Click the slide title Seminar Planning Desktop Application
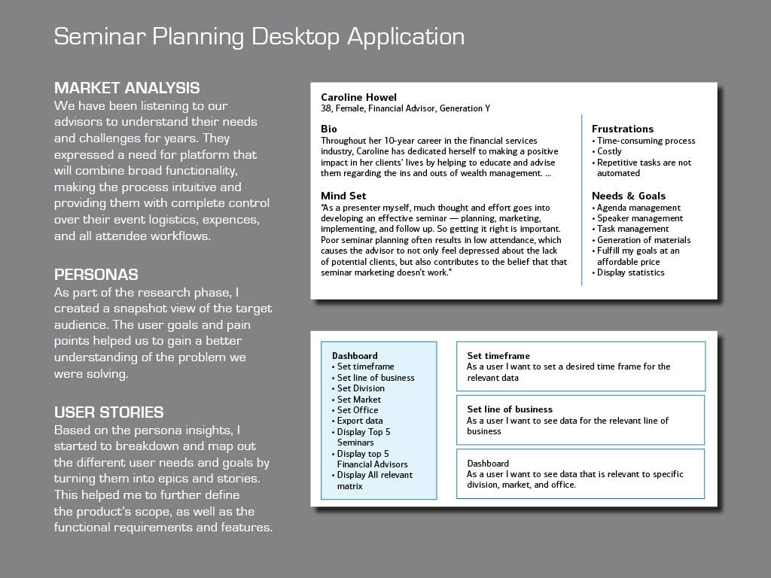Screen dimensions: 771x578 (x=259, y=37)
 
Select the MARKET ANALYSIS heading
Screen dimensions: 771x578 (x=126, y=88)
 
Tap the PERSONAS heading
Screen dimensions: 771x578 (x=96, y=274)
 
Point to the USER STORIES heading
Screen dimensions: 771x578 (x=108, y=412)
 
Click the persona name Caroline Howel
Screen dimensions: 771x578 (x=358, y=97)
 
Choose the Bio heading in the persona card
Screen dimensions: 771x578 (x=329, y=129)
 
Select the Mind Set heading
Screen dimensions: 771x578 (x=343, y=196)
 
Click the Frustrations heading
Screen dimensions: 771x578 (x=623, y=129)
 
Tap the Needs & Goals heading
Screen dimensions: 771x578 (x=629, y=196)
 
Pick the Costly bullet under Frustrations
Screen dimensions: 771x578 (x=607, y=151)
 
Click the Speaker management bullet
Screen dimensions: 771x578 (x=637, y=218)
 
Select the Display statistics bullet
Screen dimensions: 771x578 (x=628, y=272)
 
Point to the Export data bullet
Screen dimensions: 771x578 (x=357, y=421)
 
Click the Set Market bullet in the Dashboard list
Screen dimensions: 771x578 (x=356, y=400)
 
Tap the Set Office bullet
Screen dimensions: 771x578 (x=355, y=410)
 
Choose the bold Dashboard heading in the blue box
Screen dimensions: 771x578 (x=355, y=356)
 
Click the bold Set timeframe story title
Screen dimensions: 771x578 (x=498, y=356)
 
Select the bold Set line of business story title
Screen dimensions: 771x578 (x=510, y=409)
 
